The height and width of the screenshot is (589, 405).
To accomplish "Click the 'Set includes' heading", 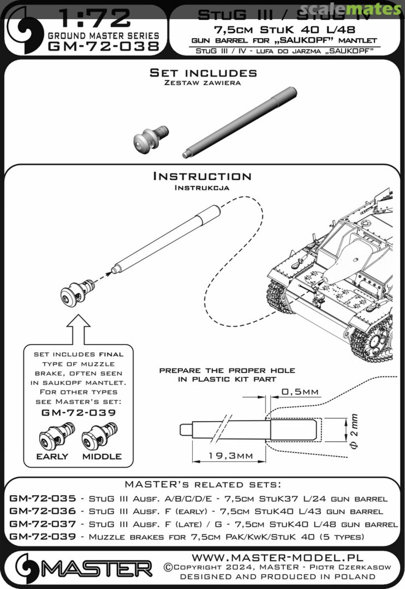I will pyautogui.click(x=203, y=73).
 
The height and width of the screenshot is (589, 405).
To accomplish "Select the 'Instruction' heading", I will pyautogui.click(x=202, y=176).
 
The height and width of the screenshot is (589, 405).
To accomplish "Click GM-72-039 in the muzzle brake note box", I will pyautogui.click(x=79, y=412).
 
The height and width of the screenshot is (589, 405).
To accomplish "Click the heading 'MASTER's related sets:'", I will pyautogui.click(x=202, y=485).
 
